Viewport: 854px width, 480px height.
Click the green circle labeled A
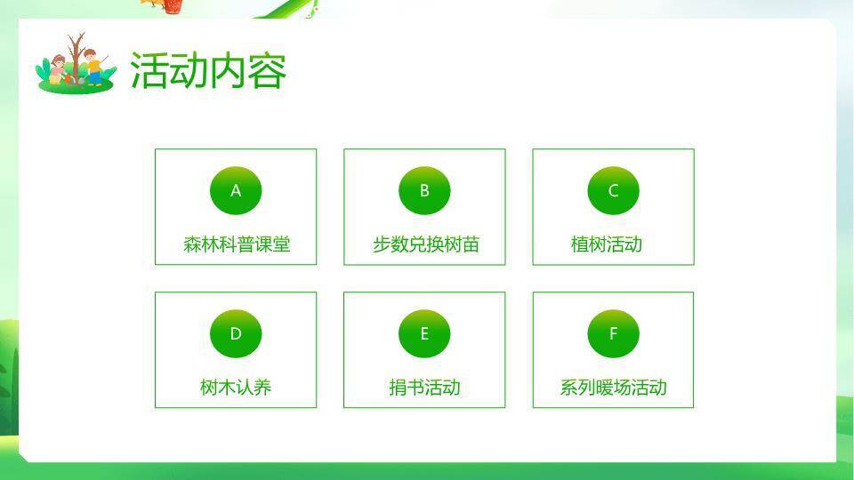pyautogui.click(x=236, y=190)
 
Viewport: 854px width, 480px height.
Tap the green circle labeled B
pyautogui.click(x=424, y=190)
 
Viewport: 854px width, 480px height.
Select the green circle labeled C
pyautogui.click(x=613, y=190)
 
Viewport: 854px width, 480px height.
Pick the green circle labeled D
pyautogui.click(x=236, y=333)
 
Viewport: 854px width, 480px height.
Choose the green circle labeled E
pyautogui.click(x=424, y=333)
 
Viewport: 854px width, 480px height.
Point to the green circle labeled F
pyautogui.click(x=613, y=333)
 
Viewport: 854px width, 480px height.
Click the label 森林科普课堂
pyautogui.click(x=237, y=244)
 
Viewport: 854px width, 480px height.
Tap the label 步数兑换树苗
pyautogui.click(x=425, y=244)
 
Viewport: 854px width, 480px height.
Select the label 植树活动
pyautogui.click(x=606, y=244)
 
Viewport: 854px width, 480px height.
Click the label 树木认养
pyautogui.click(x=236, y=388)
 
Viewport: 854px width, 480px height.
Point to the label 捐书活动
pyautogui.click(x=424, y=388)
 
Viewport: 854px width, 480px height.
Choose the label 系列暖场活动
pyautogui.click(x=613, y=388)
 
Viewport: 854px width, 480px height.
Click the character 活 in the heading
pyautogui.click(x=149, y=71)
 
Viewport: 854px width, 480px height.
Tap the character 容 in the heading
pyautogui.click(x=267, y=71)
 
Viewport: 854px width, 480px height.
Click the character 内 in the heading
pyautogui.click(x=228, y=71)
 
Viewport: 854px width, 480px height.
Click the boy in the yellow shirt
pyautogui.click(x=93, y=68)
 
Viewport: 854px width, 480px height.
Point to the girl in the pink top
pyautogui.click(x=57, y=69)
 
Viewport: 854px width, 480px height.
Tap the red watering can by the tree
pyautogui.click(x=68, y=78)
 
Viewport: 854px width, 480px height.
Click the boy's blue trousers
pyautogui.click(x=94, y=76)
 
